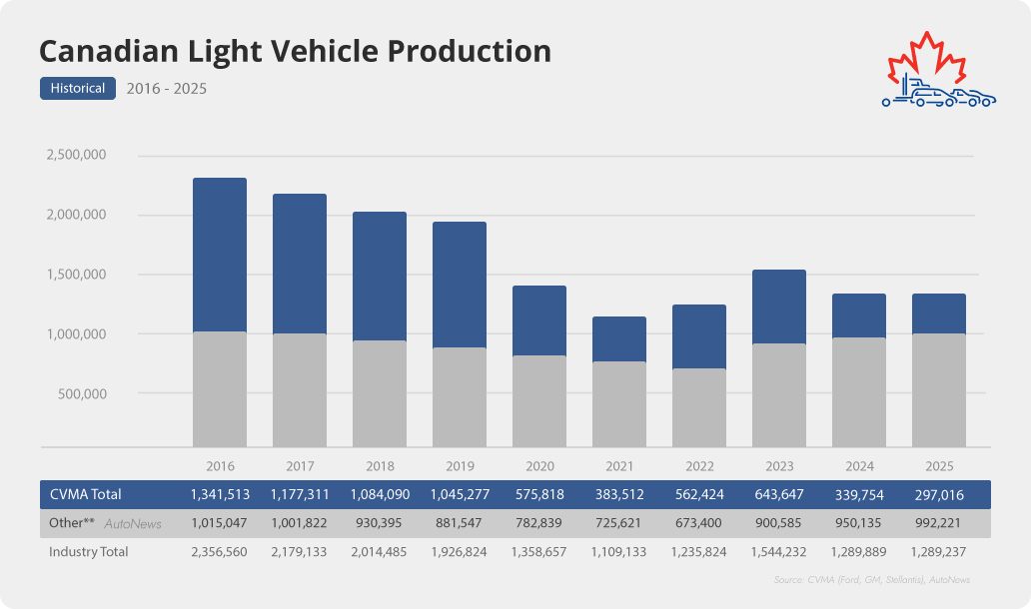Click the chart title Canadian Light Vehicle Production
pos(295,52)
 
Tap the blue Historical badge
pos(78,89)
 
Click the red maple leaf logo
pos(926,62)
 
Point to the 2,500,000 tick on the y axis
pos(76,156)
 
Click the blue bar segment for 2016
pos(220,255)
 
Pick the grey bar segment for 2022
pos(699,407)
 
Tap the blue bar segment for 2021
pos(619,339)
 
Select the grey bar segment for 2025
pos(939,389)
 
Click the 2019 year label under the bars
pos(460,466)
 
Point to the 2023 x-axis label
pos(779,466)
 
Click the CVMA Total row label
pos(85,494)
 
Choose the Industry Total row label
pos(89,551)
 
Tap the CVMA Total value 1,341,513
pos(220,494)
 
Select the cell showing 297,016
pos(939,494)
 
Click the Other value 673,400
pos(699,523)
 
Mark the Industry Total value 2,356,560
pos(220,551)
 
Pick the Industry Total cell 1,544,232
pos(779,551)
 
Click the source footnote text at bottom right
pos(871,580)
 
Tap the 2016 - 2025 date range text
pos(167,89)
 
